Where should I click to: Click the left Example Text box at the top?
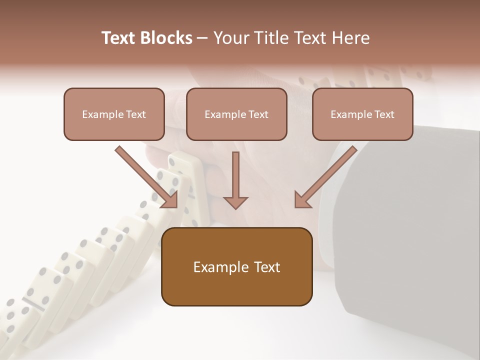pos(114,114)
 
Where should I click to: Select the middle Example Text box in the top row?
pos(236,114)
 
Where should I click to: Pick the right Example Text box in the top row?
pos(362,114)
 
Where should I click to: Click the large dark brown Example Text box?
pos(236,267)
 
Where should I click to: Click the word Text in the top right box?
pos(384,114)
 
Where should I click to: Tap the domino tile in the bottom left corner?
pos(12,320)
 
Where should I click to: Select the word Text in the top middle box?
pos(258,114)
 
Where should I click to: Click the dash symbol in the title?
pos(203,38)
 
